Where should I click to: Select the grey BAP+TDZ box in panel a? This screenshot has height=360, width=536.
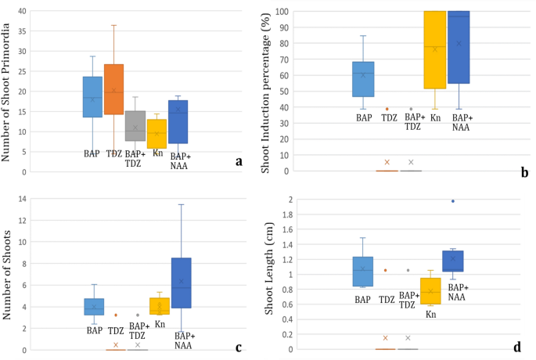click(135, 125)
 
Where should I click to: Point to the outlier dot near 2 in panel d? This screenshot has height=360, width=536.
click(452, 201)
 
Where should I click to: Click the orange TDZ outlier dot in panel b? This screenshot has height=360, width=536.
click(387, 109)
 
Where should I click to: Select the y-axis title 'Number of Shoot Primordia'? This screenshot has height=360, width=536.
click(8, 92)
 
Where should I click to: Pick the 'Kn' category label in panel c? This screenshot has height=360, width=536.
click(160, 323)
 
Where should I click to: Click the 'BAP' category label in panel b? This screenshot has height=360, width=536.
click(363, 117)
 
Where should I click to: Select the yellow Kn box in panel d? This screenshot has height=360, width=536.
click(430, 290)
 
